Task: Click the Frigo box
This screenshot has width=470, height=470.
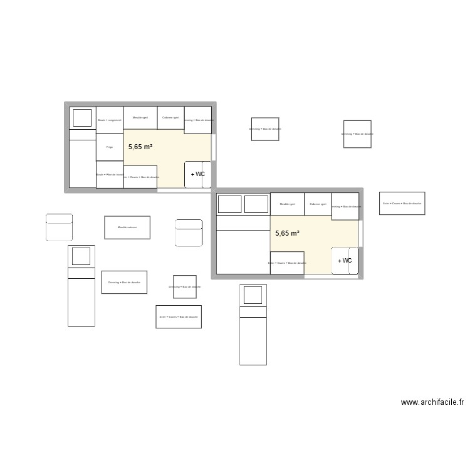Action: [110, 147]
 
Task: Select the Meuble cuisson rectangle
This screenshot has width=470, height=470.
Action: [127, 227]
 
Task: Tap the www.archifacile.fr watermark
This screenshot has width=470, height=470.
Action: [432, 402]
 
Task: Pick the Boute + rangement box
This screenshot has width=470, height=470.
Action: [110, 120]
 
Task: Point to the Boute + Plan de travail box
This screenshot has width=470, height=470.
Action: [110, 174]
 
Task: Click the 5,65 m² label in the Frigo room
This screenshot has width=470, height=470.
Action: [140, 147]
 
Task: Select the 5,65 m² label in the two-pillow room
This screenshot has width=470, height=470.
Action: [287, 233]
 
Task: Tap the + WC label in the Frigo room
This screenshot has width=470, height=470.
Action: [198, 174]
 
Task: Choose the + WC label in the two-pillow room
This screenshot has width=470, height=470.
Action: [345, 261]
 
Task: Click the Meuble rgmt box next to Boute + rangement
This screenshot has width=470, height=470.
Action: [140, 117]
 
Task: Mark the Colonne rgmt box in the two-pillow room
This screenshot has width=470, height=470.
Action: [318, 204]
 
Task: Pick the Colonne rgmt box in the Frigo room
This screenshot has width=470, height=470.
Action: [170, 117]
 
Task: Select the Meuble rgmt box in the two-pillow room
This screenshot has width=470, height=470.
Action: [288, 204]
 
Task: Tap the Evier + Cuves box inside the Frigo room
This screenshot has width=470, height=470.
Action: [140, 177]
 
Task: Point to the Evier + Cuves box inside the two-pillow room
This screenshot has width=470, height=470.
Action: [287, 263]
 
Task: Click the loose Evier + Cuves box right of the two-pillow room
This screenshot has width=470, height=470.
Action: [402, 203]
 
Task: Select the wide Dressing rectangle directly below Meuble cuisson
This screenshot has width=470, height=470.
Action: [124, 282]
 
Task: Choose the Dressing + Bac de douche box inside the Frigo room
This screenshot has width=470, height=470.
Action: [198, 120]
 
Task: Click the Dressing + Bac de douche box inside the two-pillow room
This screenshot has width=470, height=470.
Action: [345, 206]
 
